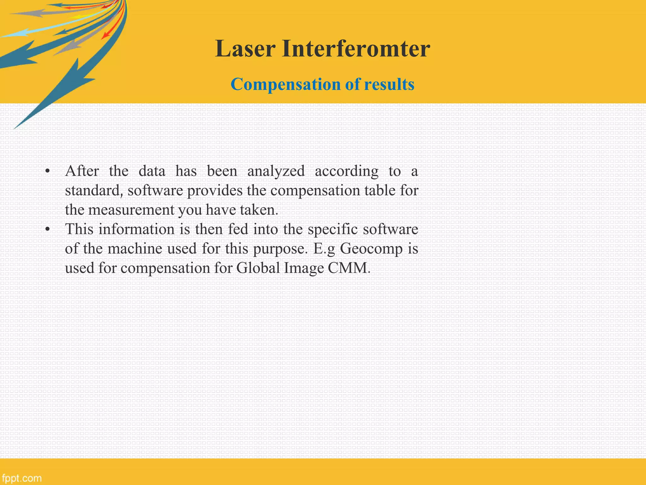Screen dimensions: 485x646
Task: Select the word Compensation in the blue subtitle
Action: point(285,85)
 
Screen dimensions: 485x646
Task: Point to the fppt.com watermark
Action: point(21,478)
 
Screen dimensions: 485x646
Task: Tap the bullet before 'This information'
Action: point(47,230)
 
